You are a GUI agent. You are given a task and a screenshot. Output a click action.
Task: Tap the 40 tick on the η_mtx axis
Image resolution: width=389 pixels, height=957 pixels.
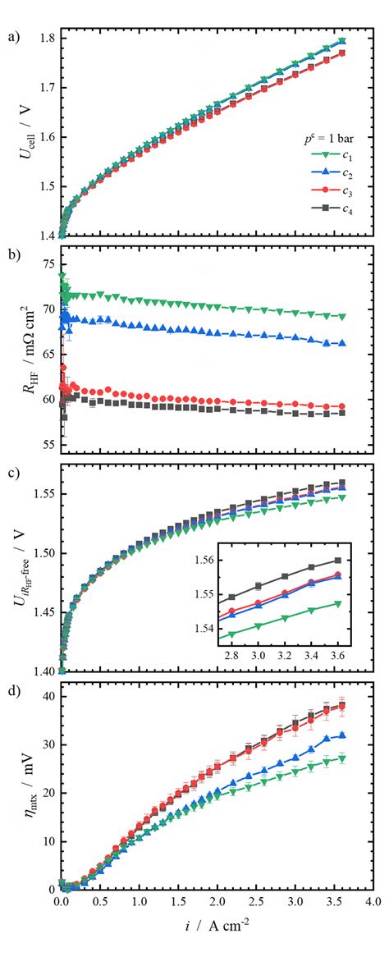tap(46, 697)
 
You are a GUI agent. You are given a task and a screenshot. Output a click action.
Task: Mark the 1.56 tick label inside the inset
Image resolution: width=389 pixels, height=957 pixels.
tap(204, 560)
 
